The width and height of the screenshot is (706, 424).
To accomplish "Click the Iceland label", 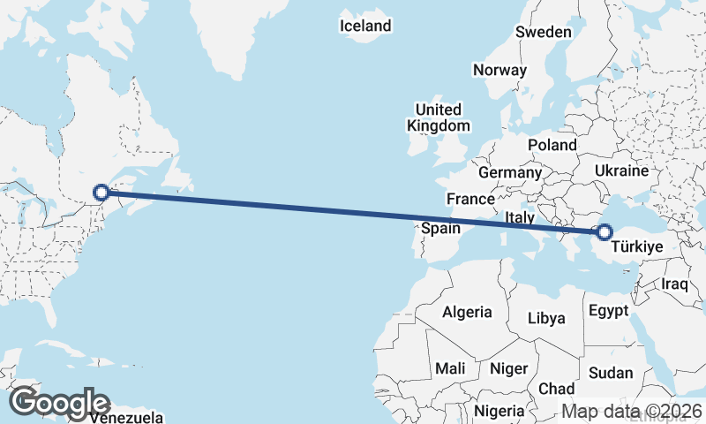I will coord(365,26).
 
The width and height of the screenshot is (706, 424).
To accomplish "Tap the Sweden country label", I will coord(544,32).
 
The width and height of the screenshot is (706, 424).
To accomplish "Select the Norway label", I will coord(499,70).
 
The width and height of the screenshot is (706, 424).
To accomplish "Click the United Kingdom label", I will coord(439,117).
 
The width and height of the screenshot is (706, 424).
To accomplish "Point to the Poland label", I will coord(552,145).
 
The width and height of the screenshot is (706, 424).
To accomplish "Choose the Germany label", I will coord(508,171).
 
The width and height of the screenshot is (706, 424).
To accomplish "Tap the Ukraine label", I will coord(622,170).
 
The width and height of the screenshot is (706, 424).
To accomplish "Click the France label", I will coord(469,199).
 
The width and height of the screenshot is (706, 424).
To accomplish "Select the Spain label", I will coord(440,229).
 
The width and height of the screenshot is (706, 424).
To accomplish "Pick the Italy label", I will coord(521,217).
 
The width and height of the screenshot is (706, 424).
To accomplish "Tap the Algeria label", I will coord(466,312).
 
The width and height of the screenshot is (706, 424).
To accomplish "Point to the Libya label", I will coord(545,318).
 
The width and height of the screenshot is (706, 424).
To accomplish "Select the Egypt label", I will coord(608,311).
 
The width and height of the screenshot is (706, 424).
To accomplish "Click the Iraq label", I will coord(674,284).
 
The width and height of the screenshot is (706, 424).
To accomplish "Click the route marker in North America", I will coord(101,192).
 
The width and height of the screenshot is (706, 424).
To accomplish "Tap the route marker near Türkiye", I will coord(604,232).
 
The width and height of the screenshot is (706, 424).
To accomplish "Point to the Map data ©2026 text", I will coord(632,411).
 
